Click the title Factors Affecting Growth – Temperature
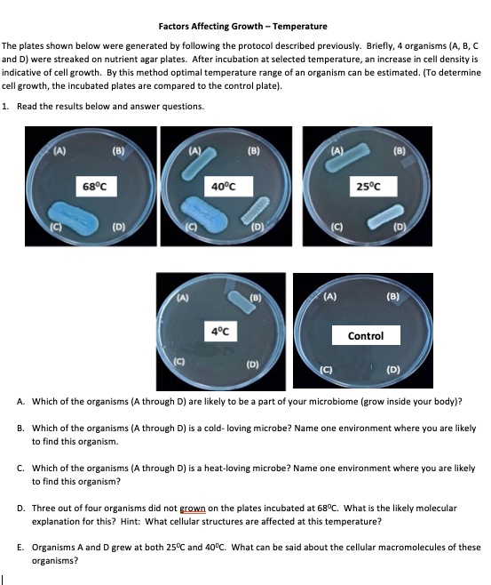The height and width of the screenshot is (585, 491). click(x=242, y=27)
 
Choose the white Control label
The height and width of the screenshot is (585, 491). click(x=366, y=335)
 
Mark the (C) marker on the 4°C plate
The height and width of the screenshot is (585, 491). click(x=179, y=362)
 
